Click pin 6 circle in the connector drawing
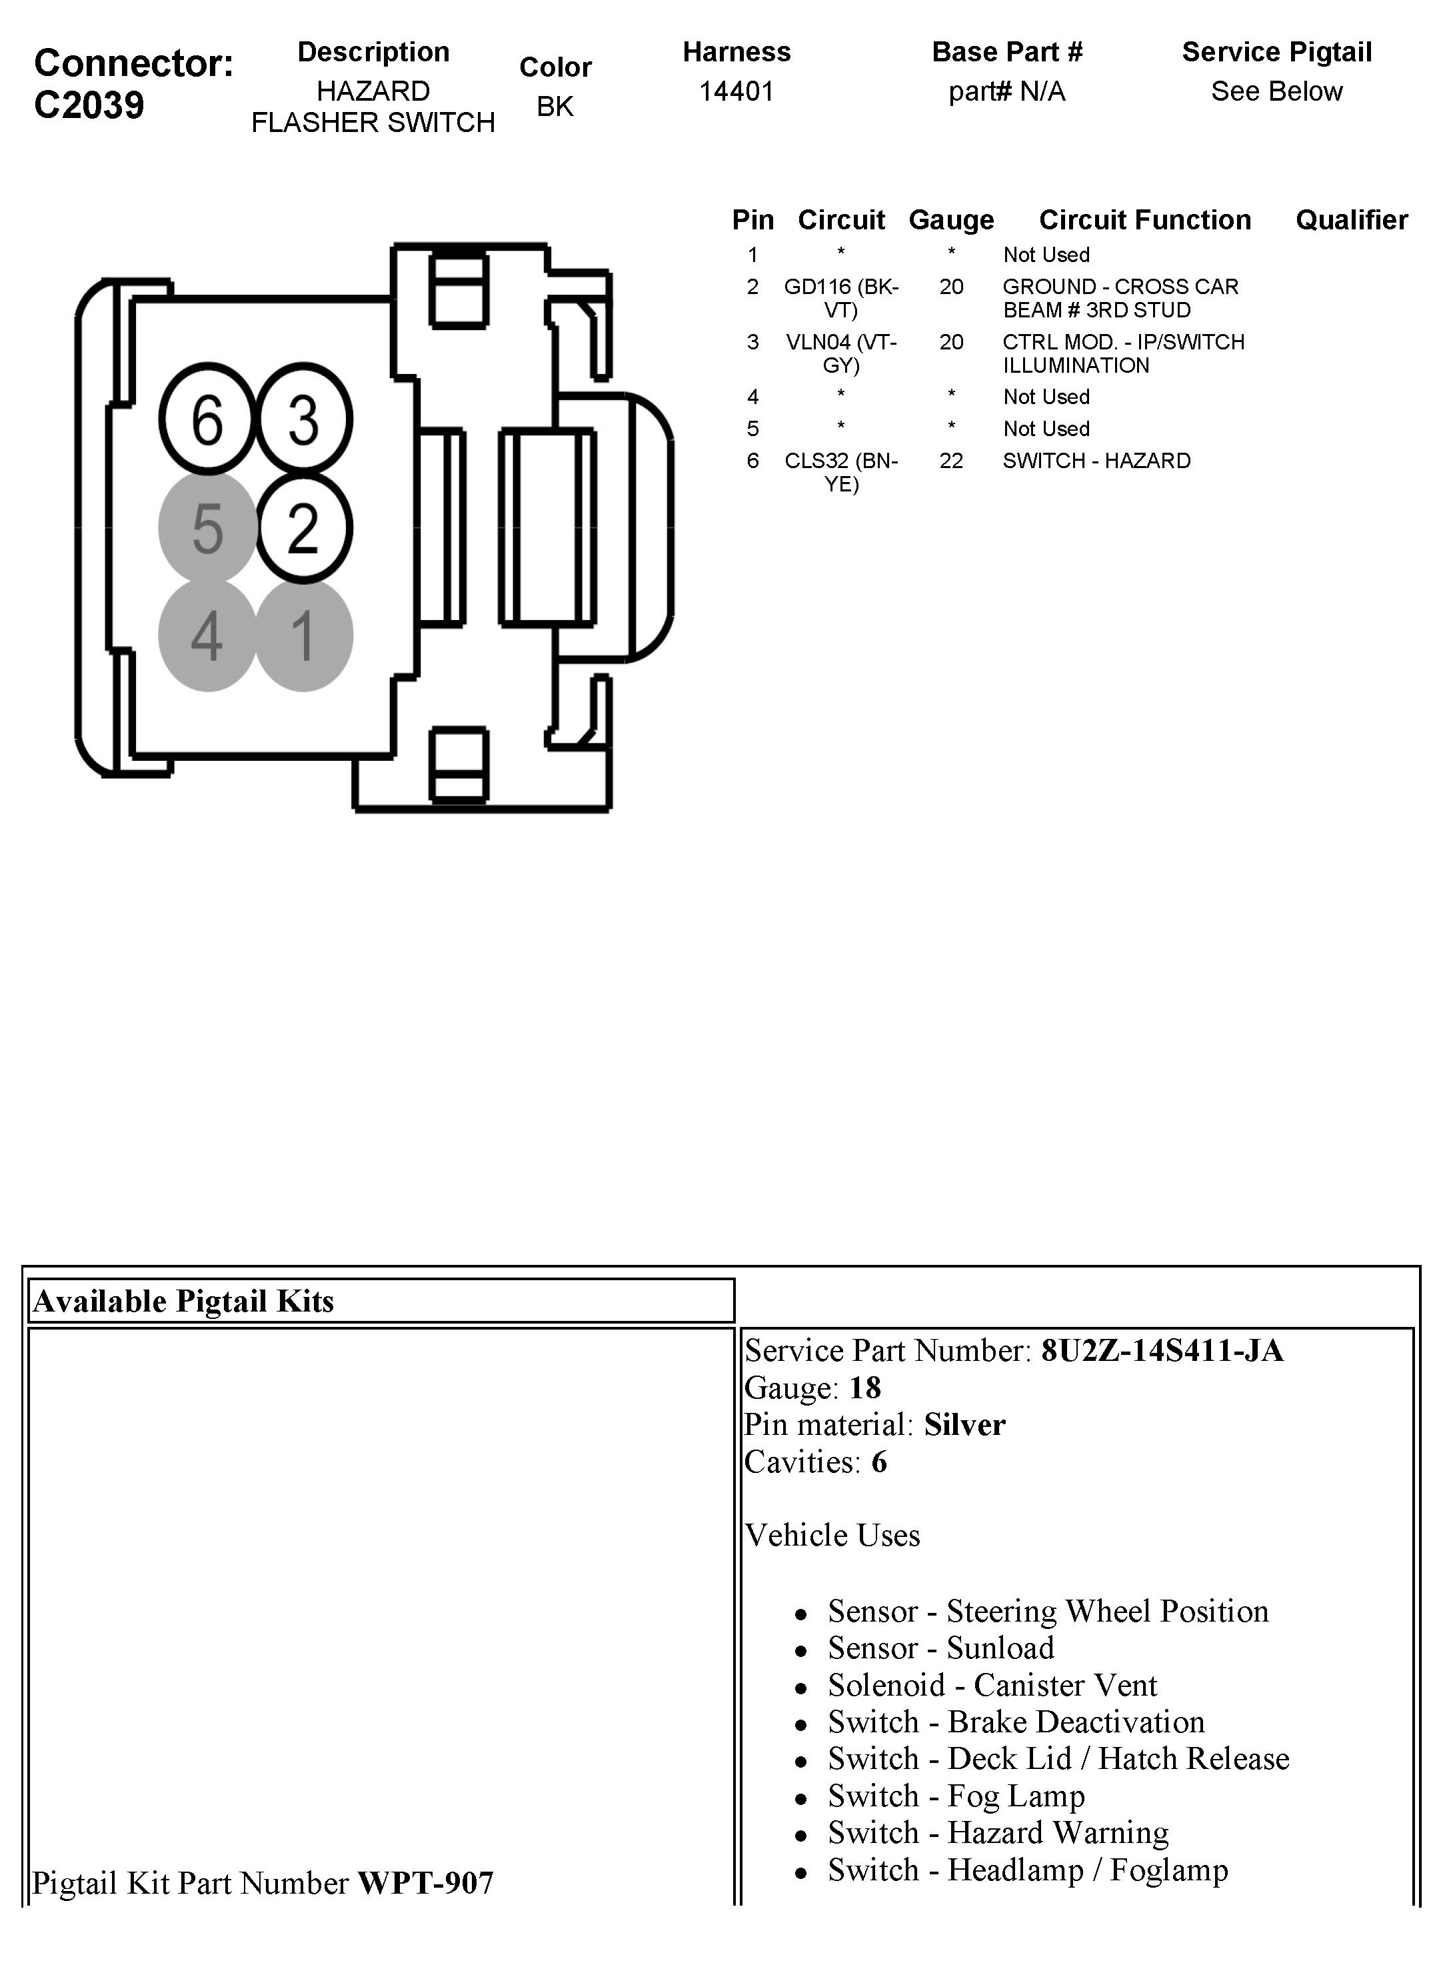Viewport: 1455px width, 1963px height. coord(208,419)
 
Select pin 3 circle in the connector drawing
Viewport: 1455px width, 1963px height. coord(304,419)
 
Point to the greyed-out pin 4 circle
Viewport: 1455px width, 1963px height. coord(208,635)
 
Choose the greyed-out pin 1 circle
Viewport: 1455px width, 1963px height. coord(304,635)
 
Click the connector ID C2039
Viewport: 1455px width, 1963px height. coord(89,105)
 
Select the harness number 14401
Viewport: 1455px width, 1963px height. coord(736,91)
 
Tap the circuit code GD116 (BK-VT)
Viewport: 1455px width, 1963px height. coord(841,298)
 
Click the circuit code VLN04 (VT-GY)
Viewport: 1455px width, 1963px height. coord(841,353)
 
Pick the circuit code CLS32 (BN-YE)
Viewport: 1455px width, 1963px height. coord(841,472)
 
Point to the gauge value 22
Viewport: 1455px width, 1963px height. coord(951,461)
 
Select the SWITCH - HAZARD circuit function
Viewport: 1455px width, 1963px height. coord(1096,461)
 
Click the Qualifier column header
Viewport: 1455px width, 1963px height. coord(1351,219)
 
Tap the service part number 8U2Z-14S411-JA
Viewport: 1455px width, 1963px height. coord(1162,1351)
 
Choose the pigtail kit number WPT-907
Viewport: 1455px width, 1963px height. coord(425,1883)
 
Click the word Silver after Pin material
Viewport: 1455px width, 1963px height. coord(964,1425)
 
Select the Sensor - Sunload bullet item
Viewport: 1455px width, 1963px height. coord(940,1648)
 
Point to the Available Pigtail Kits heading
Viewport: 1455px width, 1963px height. coord(184,1302)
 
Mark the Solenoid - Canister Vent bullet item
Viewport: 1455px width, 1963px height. coord(992,1684)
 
